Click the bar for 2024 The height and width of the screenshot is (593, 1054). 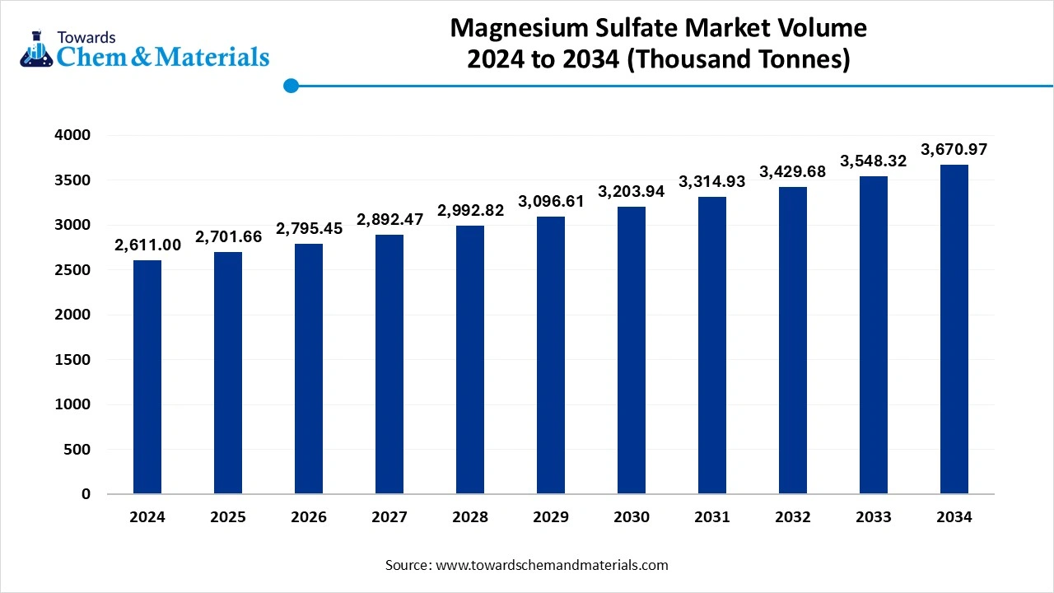coord(147,377)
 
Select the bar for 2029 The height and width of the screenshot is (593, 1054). coord(551,355)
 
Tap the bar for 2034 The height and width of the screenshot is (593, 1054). coord(954,329)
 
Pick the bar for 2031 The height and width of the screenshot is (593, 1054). coord(712,345)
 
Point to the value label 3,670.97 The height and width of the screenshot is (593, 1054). coord(954,150)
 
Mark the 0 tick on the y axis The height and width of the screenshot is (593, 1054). coord(86,494)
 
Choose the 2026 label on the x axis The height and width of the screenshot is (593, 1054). coord(309,517)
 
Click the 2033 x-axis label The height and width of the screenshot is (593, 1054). coord(874,517)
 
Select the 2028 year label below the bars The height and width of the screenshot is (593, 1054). coord(470,517)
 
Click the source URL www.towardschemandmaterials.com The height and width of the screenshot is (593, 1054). coord(552,565)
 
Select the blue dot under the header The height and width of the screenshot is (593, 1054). coord(291,86)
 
